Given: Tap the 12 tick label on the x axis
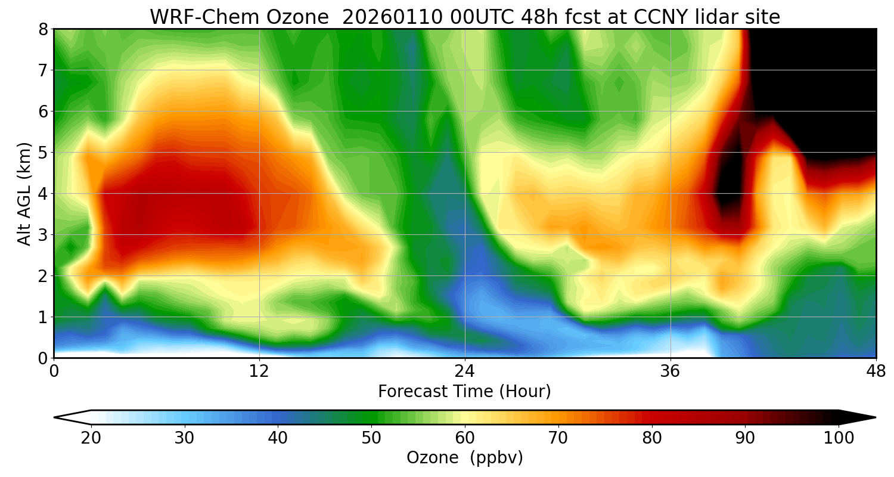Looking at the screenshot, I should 259,371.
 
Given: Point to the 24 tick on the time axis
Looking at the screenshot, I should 465,371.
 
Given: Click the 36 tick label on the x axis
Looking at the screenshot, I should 670,371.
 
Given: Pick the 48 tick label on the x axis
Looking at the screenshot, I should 876,371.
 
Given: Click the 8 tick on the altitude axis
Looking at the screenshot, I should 44,29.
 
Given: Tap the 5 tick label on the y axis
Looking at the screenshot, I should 44,152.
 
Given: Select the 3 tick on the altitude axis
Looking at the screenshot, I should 44,234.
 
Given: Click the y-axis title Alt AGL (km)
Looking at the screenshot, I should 24,193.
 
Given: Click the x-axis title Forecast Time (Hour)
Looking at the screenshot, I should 464,392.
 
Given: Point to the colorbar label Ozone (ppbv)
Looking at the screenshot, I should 464,458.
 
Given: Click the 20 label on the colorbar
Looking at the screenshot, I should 91,438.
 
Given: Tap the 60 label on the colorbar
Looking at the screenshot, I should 465,438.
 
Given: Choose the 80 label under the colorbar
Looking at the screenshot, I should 652,438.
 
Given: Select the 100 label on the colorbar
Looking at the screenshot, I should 839,438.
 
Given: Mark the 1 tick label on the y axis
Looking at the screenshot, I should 44,317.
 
